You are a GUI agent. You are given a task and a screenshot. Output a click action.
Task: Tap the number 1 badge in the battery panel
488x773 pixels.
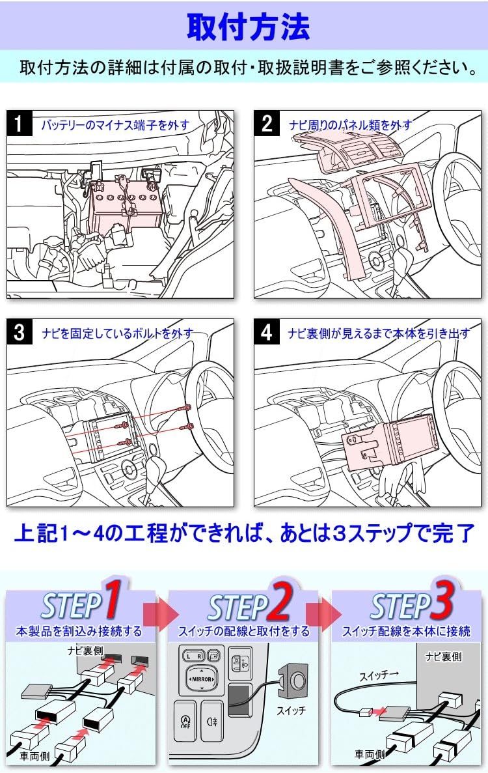pyautogui.click(x=20, y=123)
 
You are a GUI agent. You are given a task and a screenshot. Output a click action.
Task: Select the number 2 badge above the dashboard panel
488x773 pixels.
pyautogui.click(x=267, y=123)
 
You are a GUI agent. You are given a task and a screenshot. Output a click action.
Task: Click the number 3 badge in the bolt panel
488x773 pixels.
pyautogui.click(x=20, y=333)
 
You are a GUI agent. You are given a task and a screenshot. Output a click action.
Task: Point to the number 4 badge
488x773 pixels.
pyautogui.click(x=267, y=333)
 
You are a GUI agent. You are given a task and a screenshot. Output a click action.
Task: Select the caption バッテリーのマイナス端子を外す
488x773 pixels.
pyautogui.click(x=115, y=124)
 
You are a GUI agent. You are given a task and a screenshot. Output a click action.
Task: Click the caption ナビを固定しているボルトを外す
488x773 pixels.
pyautogui.click(x=117, y=333)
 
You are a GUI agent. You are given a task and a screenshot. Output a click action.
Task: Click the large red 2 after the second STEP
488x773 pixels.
pyautogui.click(x=278, y=603)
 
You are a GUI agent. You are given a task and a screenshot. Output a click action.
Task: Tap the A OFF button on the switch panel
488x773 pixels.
pyautogui.click(x=185, y=721)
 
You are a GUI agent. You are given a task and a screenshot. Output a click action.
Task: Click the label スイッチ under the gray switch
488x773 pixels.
pyautogui.click(x=290, y=710)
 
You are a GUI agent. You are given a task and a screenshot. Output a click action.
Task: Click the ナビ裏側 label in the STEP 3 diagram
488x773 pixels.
pyautogui.click(x=443, y=657)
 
